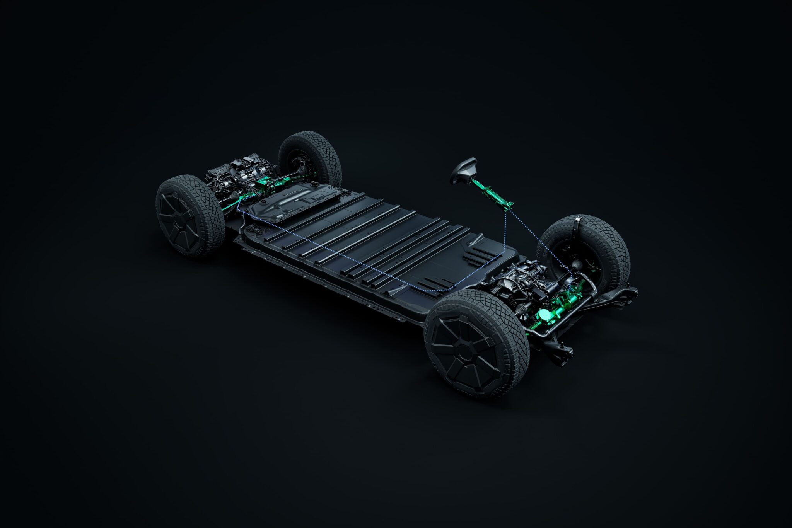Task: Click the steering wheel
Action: coord(463,170)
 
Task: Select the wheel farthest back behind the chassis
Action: coord(309,158)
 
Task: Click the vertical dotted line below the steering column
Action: coord(505,232)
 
